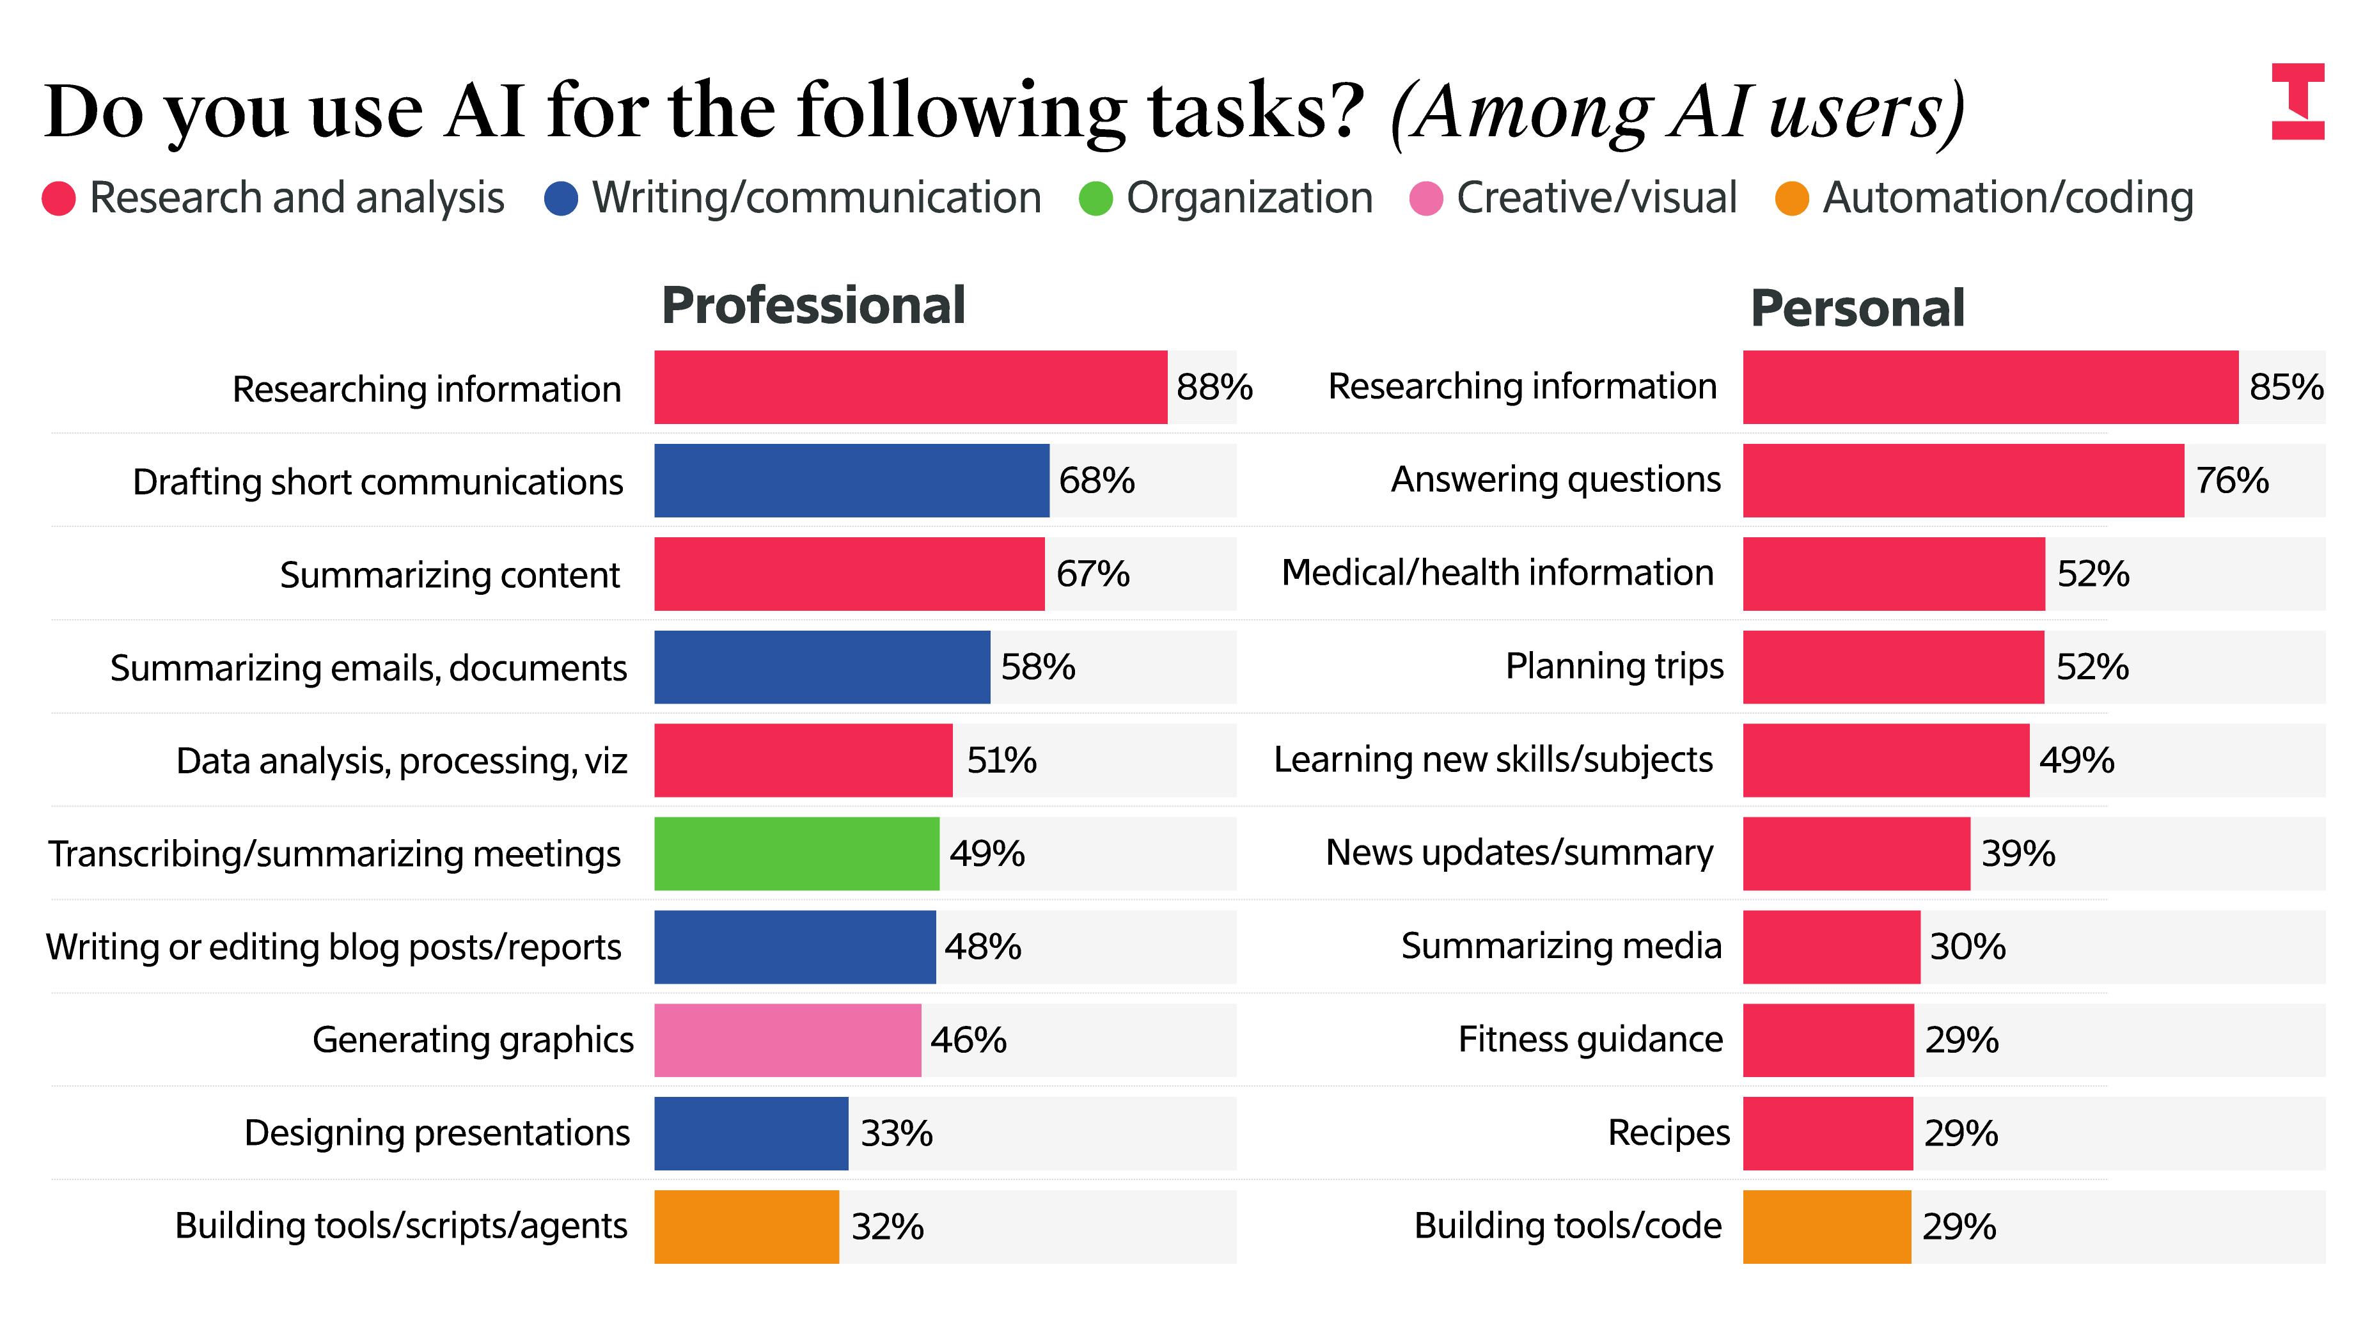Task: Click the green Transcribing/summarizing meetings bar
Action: point(796,853)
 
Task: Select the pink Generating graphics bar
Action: point(787,1040)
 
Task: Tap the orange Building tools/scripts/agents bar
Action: point(746,1226)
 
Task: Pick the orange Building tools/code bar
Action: point(1826,1226)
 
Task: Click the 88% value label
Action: point(1214,387)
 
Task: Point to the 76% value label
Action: point(2231,480)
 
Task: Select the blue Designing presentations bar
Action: point(751,1133)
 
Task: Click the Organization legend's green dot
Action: point(1095,198)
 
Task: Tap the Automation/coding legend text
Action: point(2007,198)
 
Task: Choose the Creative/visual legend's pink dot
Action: point(1425,198)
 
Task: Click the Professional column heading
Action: point(813,306)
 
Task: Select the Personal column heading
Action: point(1857,308)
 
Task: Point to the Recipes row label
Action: point(1668,1132)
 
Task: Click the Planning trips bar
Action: point(1892,666)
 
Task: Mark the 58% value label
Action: point(1037,666)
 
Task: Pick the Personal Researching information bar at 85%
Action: point(1990,387)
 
